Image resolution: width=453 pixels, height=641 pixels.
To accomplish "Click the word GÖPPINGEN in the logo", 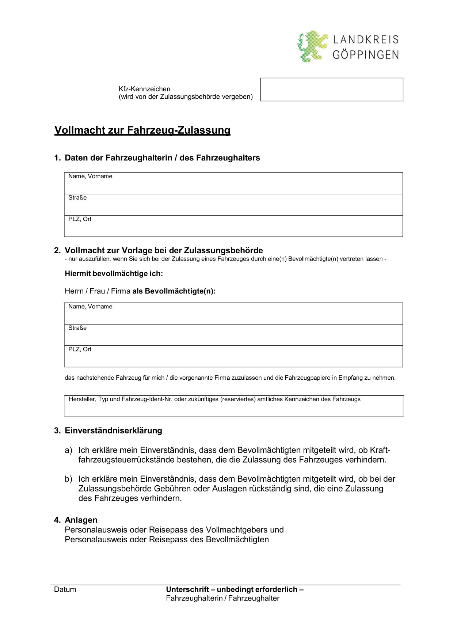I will coord(365,55).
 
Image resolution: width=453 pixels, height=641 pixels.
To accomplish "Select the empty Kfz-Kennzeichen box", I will coord(332,90).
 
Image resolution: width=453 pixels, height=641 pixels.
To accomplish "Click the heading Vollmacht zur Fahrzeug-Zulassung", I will coord(142,130).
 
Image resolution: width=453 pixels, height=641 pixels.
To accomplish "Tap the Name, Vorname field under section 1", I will coord(233,183).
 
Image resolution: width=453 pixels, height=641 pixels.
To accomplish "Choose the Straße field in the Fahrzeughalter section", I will coord(233,205).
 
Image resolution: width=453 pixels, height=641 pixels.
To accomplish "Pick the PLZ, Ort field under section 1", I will coord(233,226).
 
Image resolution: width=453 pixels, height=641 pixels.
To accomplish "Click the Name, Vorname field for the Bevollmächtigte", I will coord(233,314).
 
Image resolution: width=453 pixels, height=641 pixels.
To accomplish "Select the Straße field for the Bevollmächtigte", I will coord(233,335).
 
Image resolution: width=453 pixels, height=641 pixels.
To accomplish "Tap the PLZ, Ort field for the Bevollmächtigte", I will coord(233,356).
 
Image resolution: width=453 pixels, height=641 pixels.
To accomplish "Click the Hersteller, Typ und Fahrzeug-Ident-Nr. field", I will coord(234,406).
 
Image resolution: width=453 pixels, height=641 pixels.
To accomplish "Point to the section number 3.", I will coord(57,431).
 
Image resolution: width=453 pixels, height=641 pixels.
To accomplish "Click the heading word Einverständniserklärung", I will coord(114,431).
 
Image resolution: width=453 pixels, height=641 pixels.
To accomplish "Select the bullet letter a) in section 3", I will coord(68,450).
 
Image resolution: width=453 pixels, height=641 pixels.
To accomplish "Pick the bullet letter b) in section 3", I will coord(68,479).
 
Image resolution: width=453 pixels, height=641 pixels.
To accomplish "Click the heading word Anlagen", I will coord(81,520).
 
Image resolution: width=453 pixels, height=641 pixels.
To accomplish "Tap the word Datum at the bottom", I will coord(65,589).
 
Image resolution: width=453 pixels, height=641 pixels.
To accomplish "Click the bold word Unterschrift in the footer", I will coord(187,589).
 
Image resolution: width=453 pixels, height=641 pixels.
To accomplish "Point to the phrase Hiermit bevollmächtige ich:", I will coord(114,274).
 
